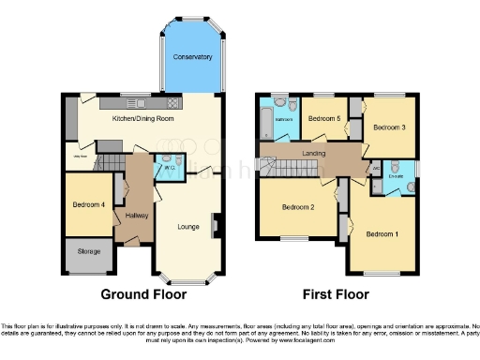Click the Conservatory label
(x=192, y=57)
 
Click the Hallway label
(x=125, y=217)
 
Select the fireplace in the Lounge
(x=215, y=225)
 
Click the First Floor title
(x=335, y=293)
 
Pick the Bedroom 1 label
(x=382, y=232)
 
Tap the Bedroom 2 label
(x=296, y=207)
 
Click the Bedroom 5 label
(x=323, y=119)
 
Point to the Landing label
(x=313, y=152)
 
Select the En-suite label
(x=396, y=175)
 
